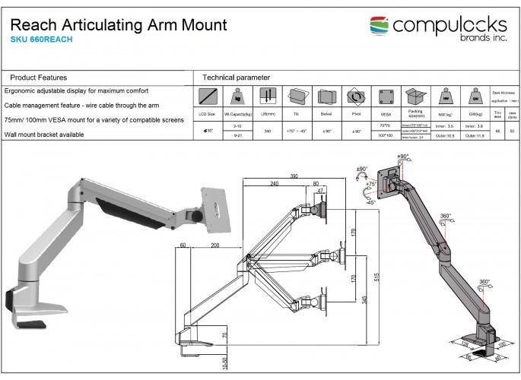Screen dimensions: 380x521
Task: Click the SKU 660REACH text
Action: pos(42,40)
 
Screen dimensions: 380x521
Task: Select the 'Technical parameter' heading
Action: pos(237,78)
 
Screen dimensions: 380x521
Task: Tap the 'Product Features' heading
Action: pos(39,78)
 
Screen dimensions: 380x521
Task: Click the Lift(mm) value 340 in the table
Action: pos(268,131)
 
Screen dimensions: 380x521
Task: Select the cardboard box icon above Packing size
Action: pos(415,97)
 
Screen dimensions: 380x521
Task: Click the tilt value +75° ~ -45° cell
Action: pos(297,131)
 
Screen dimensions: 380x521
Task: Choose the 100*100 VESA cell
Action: pos(386,137)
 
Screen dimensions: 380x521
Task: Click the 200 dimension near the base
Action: pos(216,246)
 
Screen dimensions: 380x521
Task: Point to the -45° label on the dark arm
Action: pos(370,203)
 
